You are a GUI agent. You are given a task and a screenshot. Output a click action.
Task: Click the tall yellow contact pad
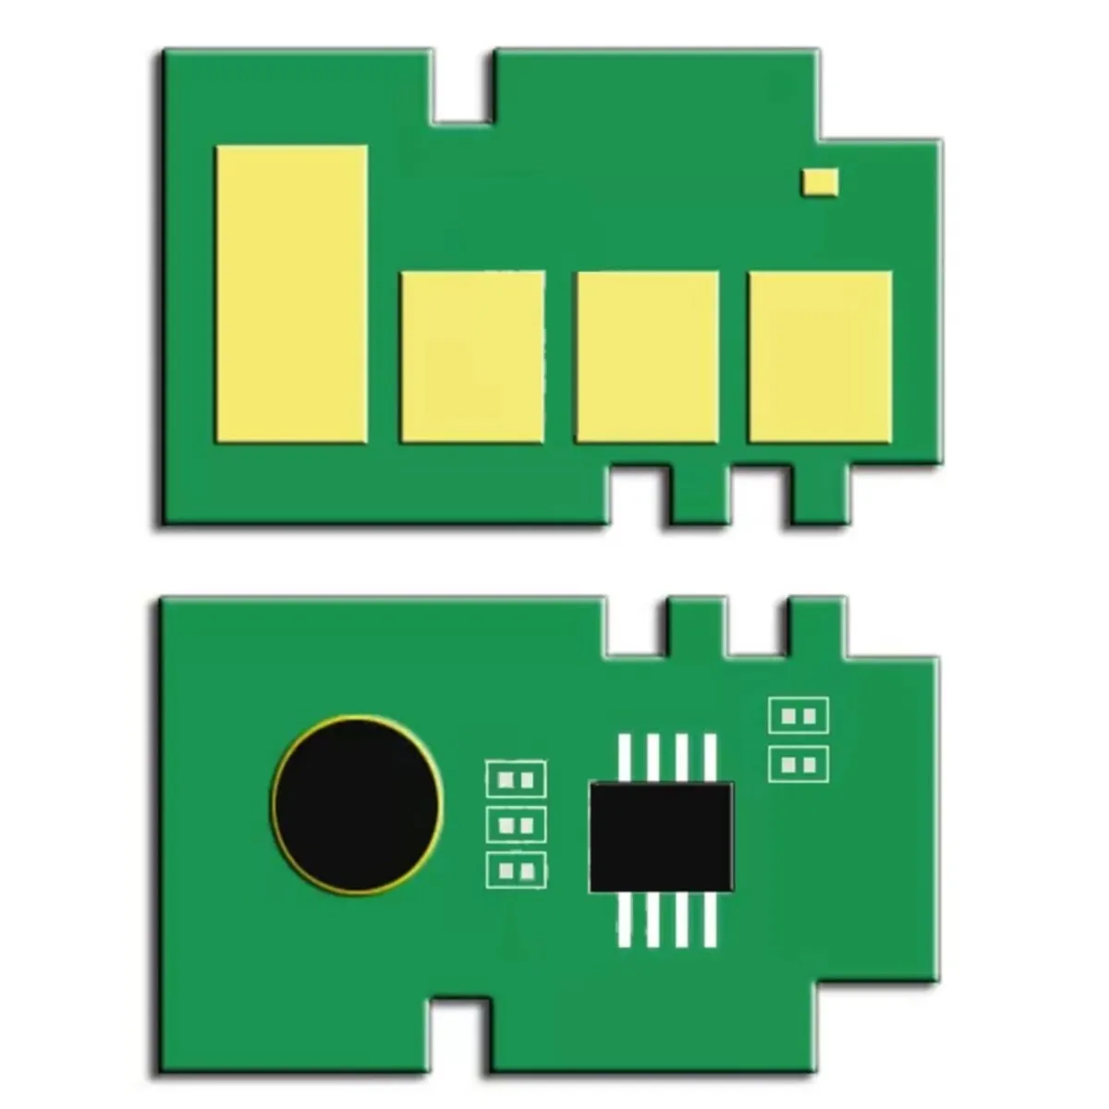291,294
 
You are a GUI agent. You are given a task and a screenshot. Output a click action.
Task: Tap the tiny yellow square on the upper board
820,182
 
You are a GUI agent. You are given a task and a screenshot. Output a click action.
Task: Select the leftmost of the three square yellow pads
472,357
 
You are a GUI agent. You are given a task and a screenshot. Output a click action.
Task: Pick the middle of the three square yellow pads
646,357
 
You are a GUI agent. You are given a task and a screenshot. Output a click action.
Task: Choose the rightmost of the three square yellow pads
820,357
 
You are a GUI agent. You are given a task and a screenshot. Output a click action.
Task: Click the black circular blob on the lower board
357,803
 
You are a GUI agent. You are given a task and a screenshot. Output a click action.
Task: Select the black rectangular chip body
661,837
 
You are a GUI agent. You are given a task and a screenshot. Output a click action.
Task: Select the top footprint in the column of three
516,779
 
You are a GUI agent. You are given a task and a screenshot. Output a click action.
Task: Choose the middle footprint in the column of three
516,824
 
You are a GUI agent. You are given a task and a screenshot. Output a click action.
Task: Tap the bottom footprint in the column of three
516,870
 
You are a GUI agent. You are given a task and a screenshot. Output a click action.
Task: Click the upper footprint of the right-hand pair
798,715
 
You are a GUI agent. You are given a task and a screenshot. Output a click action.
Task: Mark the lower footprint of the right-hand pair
798,764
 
